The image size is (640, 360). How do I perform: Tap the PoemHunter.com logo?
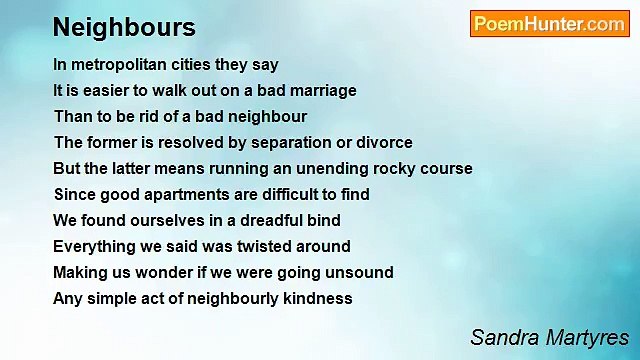(549, 24)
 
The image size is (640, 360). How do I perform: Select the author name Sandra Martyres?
(549, 336)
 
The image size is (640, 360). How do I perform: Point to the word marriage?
(322, 90)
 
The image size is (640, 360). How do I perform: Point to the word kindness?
(318, 298)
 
